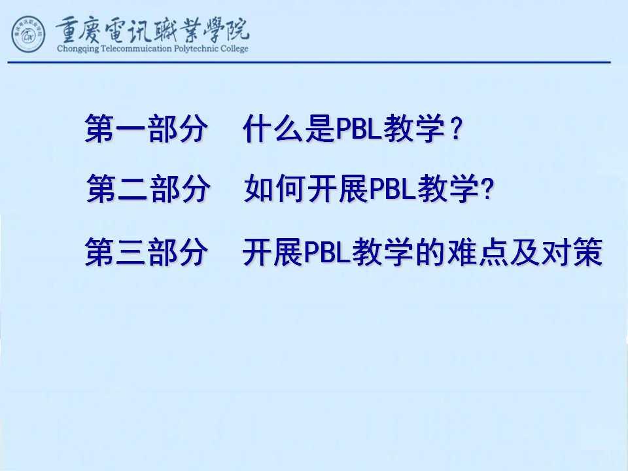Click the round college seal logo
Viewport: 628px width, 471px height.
[28, 34]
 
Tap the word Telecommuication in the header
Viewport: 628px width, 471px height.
[136, 49]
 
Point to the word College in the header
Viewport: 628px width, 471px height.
[234, 49]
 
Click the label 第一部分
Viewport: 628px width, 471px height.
[146, 129]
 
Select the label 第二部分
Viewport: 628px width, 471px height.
[148, 188]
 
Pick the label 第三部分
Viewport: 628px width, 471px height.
[146, 252]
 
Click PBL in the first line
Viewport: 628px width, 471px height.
[358, 129]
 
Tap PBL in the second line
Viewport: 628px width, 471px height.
[392, 188]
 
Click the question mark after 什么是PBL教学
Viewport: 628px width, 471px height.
[456, 129]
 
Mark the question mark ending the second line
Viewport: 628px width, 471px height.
[488, 188]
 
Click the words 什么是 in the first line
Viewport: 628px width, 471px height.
[288, 129]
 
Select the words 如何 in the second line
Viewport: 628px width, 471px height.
[275, 188]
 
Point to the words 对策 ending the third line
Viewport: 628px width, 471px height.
[572, 252]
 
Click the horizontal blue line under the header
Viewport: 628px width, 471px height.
[309, 63]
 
